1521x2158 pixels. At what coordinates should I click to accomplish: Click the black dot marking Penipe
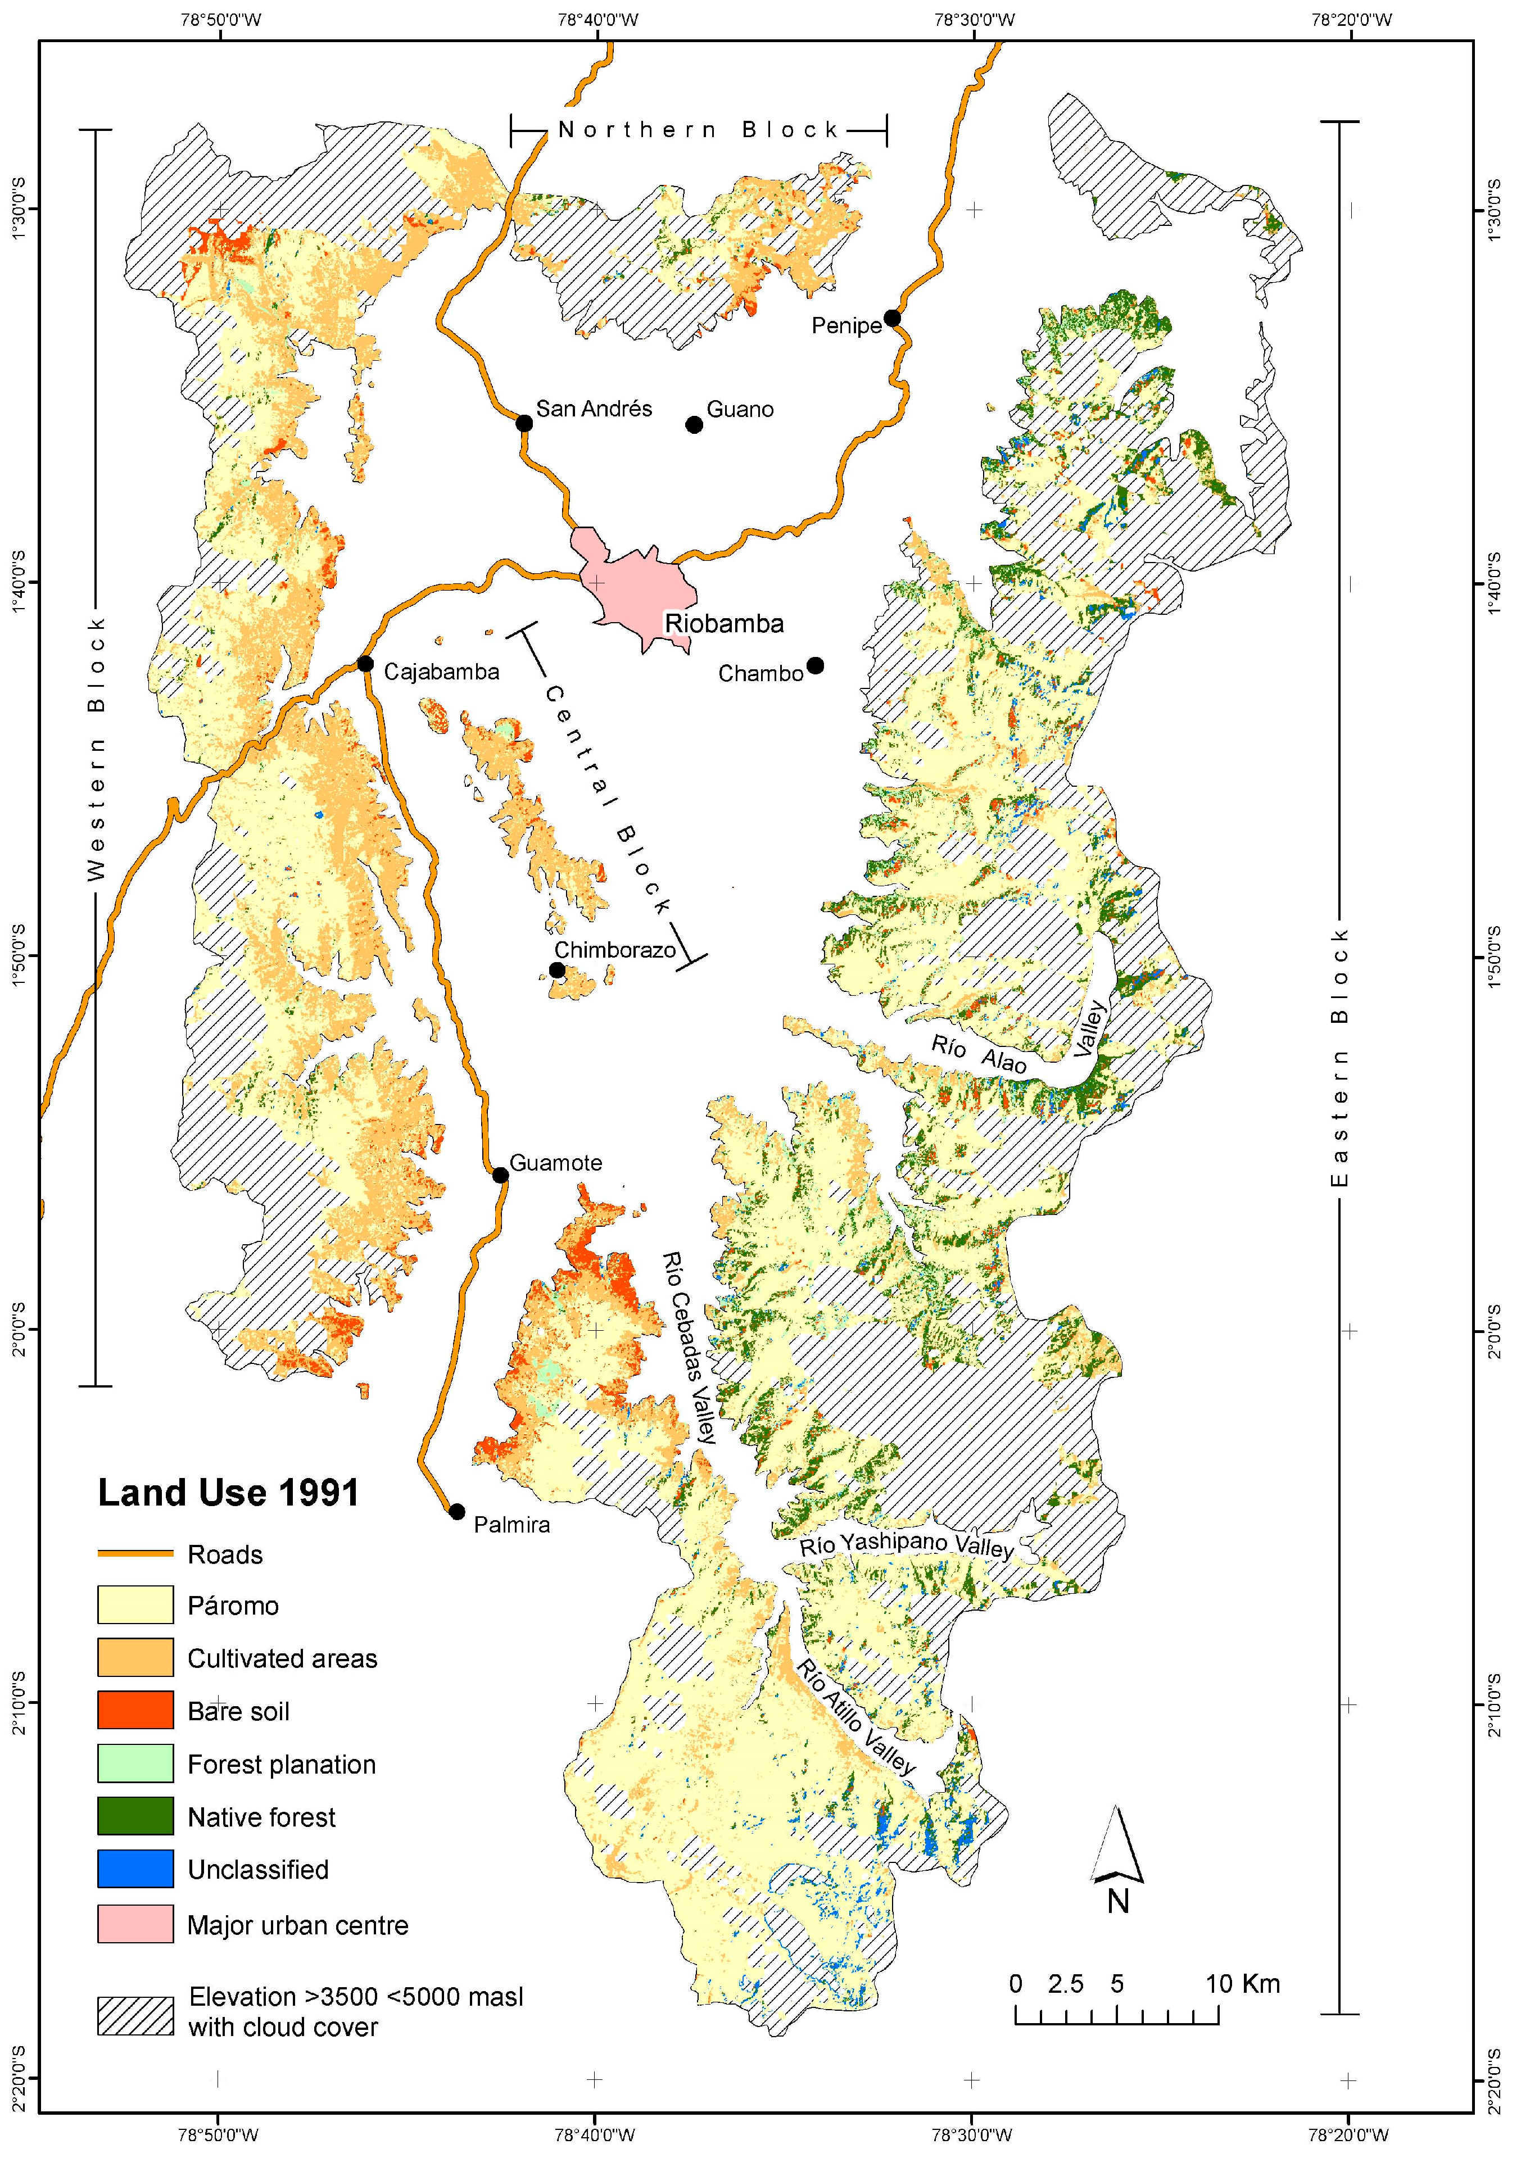tap(892, 318)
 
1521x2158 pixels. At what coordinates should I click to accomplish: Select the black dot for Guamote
tap(500, 1175)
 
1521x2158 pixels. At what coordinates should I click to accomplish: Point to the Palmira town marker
tap(457, 1511)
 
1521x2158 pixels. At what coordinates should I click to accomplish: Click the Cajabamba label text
tap(441, 672)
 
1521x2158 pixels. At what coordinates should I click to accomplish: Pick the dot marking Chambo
tap(815, 665)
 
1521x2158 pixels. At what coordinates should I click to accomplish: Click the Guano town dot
tap(694, 425)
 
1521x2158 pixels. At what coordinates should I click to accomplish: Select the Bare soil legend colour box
tap(135, 1710)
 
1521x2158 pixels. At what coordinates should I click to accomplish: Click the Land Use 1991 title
tap(228, 1494)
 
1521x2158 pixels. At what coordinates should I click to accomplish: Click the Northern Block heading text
tap(698, 130)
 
